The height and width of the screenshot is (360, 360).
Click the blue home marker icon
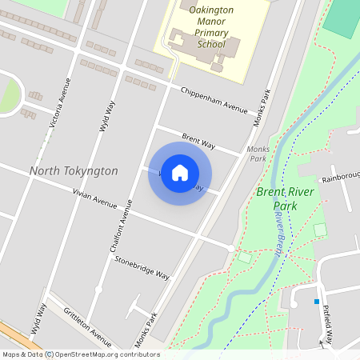point(180,173)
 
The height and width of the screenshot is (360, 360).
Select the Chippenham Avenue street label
point(214,101)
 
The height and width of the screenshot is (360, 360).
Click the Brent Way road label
point(198,142)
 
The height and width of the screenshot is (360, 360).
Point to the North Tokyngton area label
point(74,171)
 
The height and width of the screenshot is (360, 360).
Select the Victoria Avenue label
point(60,103)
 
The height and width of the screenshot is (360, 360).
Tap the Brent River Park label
point(288,199)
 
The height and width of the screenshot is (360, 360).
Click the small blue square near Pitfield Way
point(317,302)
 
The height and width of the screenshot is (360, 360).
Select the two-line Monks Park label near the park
point(258,154)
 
